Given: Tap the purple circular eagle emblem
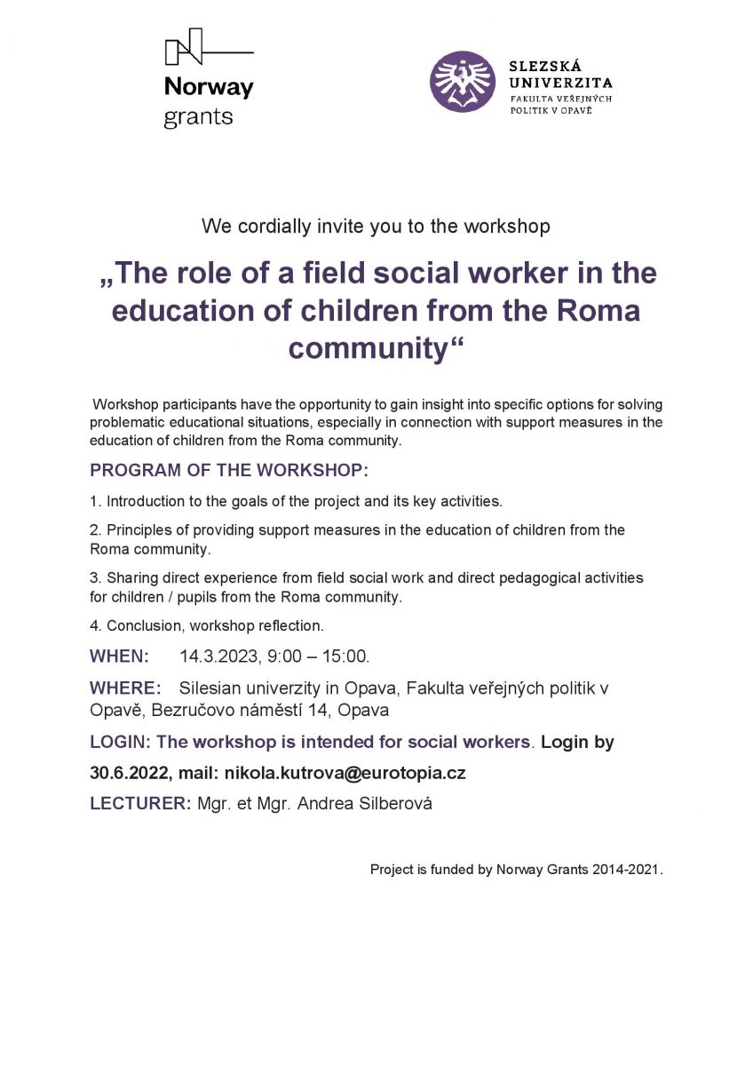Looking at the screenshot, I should pos(462,82).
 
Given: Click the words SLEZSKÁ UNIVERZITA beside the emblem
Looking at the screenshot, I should pos(560,75).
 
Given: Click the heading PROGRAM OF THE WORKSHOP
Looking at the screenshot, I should pos(228,470).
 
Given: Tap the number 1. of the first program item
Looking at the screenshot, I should pos(96,501).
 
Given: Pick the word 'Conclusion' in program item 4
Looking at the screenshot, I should pos(142,626).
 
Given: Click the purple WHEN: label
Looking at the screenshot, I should pos(119,657).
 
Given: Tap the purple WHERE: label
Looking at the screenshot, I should pos(125,688).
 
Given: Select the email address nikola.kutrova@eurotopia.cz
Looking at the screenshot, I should pos(345,773).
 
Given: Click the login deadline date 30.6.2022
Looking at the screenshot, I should pos(129,773).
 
